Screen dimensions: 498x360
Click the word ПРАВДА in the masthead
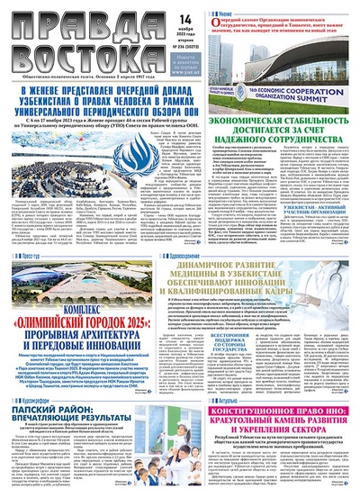54,20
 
